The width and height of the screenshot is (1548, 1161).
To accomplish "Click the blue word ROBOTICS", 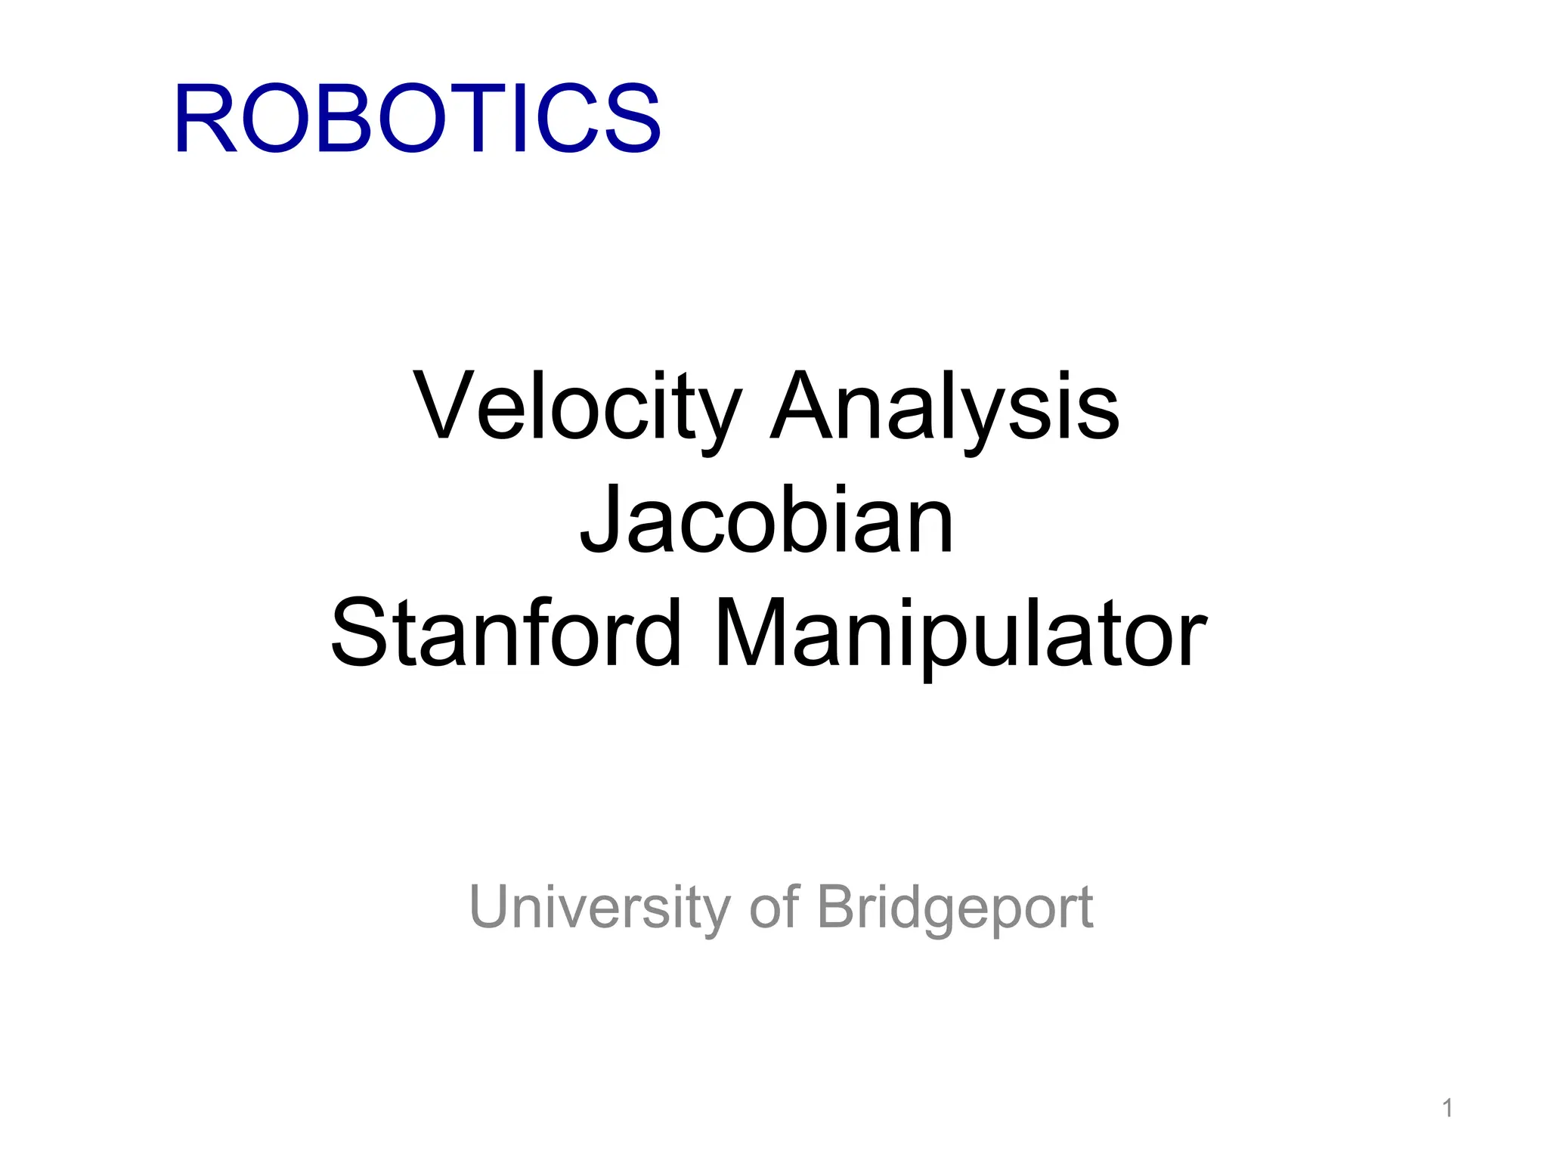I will coord(417,119).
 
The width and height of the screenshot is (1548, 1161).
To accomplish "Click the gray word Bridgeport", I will coord(955,906).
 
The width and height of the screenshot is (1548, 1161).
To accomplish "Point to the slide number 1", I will coord(1447,1108).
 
